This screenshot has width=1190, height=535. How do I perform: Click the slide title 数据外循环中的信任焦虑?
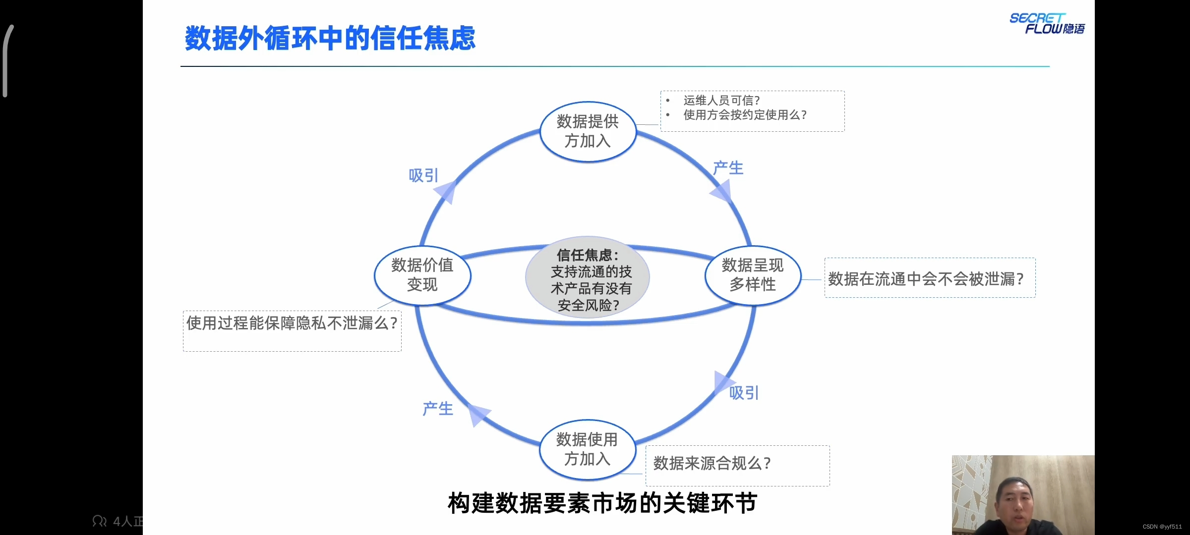[x=330, y=38]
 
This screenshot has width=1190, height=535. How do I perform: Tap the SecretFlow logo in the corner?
[x=1047, y=24]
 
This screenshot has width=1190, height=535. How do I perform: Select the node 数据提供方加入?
[x=588, y=132]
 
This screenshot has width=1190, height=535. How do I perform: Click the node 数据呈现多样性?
[x=752, y=275]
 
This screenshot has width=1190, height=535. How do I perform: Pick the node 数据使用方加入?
[x=587, y=450]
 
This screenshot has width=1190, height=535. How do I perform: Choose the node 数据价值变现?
[x=422, y=275]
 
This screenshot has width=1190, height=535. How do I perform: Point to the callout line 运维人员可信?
[x=721, y=101]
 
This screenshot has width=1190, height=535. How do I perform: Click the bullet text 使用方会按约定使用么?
[x=745, y=115]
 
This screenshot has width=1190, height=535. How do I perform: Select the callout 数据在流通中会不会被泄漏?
[x=926, y=279]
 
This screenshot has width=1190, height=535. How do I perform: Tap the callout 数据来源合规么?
[x=712, y=464]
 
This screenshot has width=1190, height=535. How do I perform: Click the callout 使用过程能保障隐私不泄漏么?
[x=292, y=323]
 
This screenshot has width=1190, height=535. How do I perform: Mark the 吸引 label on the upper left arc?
[x=423, y=175]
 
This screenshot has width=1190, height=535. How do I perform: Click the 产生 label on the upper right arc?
[x=728, y=168]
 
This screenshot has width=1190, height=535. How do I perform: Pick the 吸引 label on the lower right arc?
[x=744, y=393]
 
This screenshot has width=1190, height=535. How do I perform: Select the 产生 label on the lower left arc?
[x=438, y=409]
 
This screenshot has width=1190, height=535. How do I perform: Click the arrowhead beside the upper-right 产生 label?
[x=722, y=192]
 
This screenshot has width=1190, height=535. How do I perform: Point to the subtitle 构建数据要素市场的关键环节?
[x=602, y=503]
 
